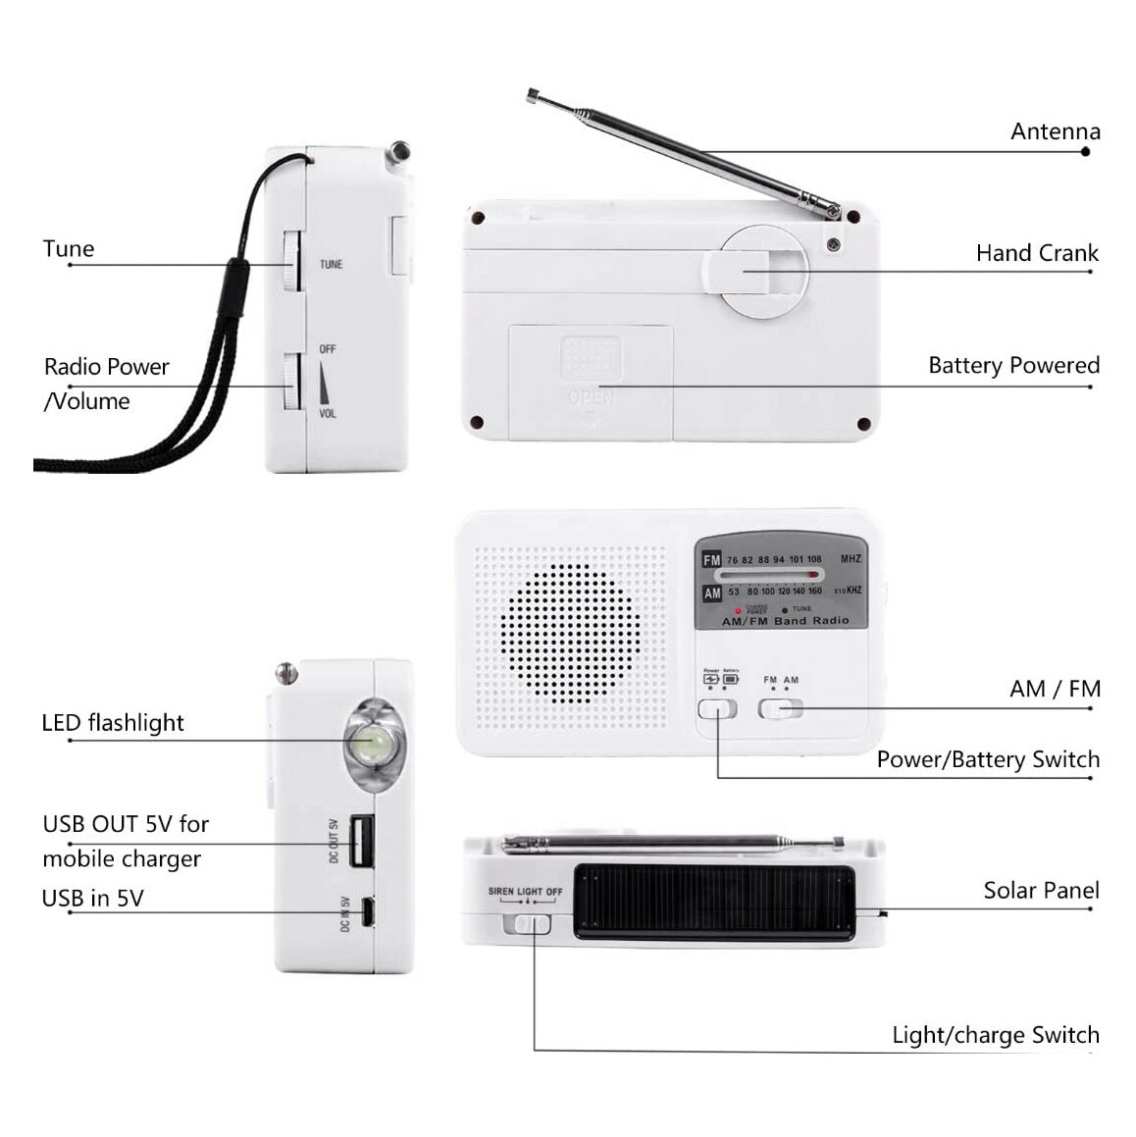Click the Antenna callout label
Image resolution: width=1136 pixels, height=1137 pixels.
pos(1055,131)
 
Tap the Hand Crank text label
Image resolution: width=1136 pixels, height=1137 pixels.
pos(1036,253)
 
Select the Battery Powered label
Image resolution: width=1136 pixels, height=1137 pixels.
pos(1012,366)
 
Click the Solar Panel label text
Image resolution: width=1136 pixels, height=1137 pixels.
pos(1040,891)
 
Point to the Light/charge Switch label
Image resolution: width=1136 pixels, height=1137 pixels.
pos(995,1035)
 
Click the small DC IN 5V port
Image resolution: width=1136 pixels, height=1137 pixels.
pos(367,912)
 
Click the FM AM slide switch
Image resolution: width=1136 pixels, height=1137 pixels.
pos(780,708)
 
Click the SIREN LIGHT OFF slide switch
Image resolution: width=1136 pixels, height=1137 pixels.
pos(528,924)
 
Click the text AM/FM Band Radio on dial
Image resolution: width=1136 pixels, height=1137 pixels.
pos(785,621)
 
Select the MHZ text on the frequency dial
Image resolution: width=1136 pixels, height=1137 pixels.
pos(850,559)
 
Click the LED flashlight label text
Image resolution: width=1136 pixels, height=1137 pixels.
pos(113,723)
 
